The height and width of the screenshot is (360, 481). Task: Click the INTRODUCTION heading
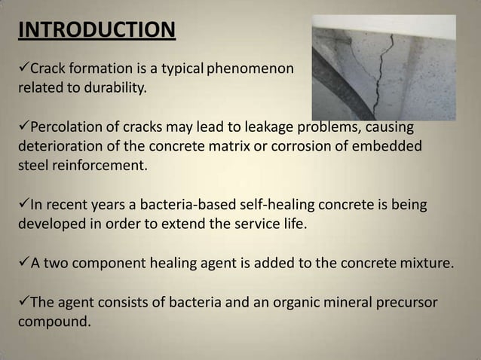coord(96,31)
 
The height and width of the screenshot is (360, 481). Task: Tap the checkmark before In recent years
coord(22,204)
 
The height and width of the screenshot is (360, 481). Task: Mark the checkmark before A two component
coord(22,264)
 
